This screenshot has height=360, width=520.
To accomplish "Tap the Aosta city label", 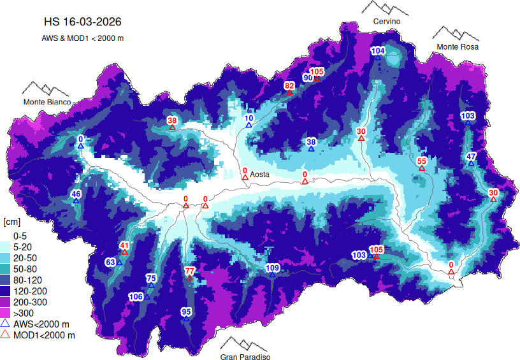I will pos(260,174).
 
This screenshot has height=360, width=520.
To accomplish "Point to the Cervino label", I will pos(387,22).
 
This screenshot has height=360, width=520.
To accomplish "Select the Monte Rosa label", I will pos(457,47).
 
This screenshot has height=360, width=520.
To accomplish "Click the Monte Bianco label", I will pos(47,102).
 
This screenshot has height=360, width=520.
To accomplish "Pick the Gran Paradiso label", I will pos(245,357).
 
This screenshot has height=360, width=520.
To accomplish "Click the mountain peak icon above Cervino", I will pos(386,8).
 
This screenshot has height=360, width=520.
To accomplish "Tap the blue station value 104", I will pos(378,50).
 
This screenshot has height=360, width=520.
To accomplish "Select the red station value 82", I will pos(289,85).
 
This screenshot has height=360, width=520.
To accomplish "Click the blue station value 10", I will pos(249,118).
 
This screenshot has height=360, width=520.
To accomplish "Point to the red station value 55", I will pos(421,161).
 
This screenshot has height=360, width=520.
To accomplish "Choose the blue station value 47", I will pos(472,157).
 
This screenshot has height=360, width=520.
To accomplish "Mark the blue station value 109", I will pos(272,268).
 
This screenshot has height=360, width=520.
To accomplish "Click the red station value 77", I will pos(189,271).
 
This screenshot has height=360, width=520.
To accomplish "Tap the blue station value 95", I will pos(186,312).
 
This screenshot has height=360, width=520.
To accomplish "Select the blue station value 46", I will pos(76,194).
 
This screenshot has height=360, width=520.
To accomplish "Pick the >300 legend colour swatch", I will pos(7,313).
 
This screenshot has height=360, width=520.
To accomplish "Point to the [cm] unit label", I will pos(11,222).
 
